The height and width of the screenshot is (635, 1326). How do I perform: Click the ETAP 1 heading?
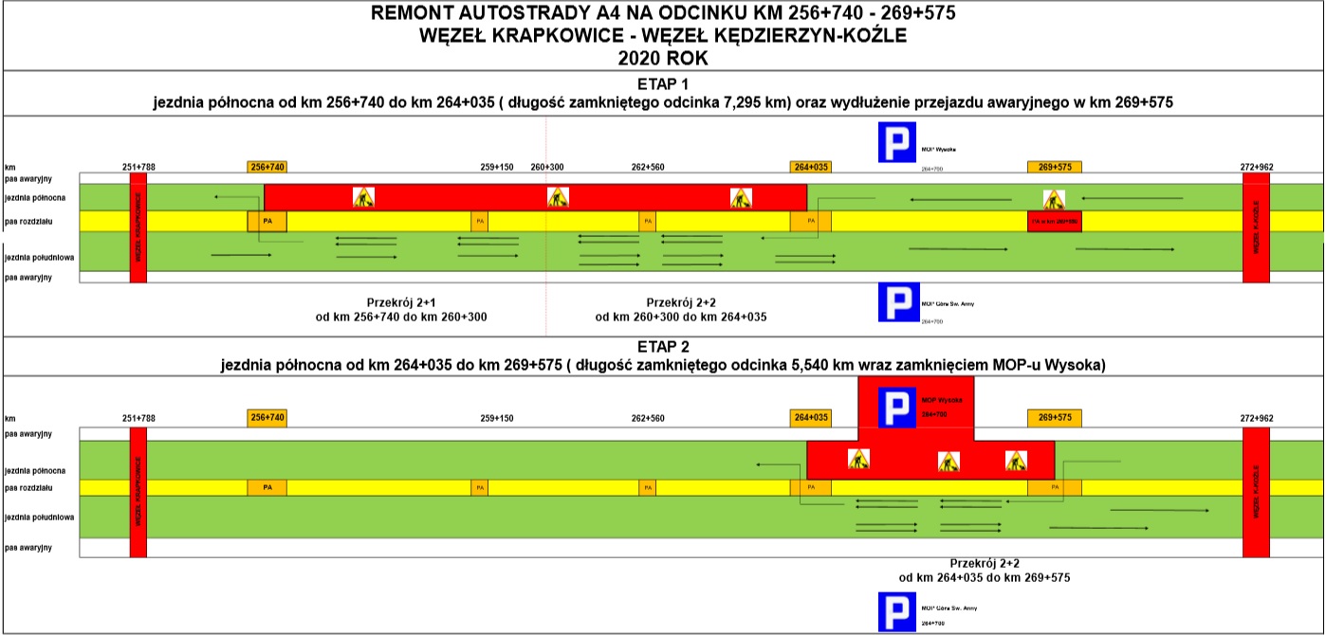[662, 83]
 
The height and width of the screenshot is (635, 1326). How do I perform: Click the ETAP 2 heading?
[662, 347]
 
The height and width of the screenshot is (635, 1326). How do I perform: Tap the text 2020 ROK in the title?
[662, 58]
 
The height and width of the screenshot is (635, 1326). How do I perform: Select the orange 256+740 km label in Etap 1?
[267, 167]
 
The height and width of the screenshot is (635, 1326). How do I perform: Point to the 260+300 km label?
[546, 167]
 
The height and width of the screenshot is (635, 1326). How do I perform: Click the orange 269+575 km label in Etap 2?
[1054, 417]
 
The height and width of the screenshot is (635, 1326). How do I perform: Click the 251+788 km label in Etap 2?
[138, 417]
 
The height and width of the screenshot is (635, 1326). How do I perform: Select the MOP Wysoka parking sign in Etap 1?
[896, 143]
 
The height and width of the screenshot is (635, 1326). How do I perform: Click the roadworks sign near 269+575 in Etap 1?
[1054, 199]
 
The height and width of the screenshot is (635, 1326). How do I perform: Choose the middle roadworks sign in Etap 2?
[948, 462]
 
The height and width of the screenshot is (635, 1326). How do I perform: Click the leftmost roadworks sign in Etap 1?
[363, 197]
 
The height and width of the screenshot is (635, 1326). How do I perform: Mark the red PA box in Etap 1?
[1054, 221]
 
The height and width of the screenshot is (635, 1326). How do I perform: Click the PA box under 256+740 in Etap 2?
[267, 487]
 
